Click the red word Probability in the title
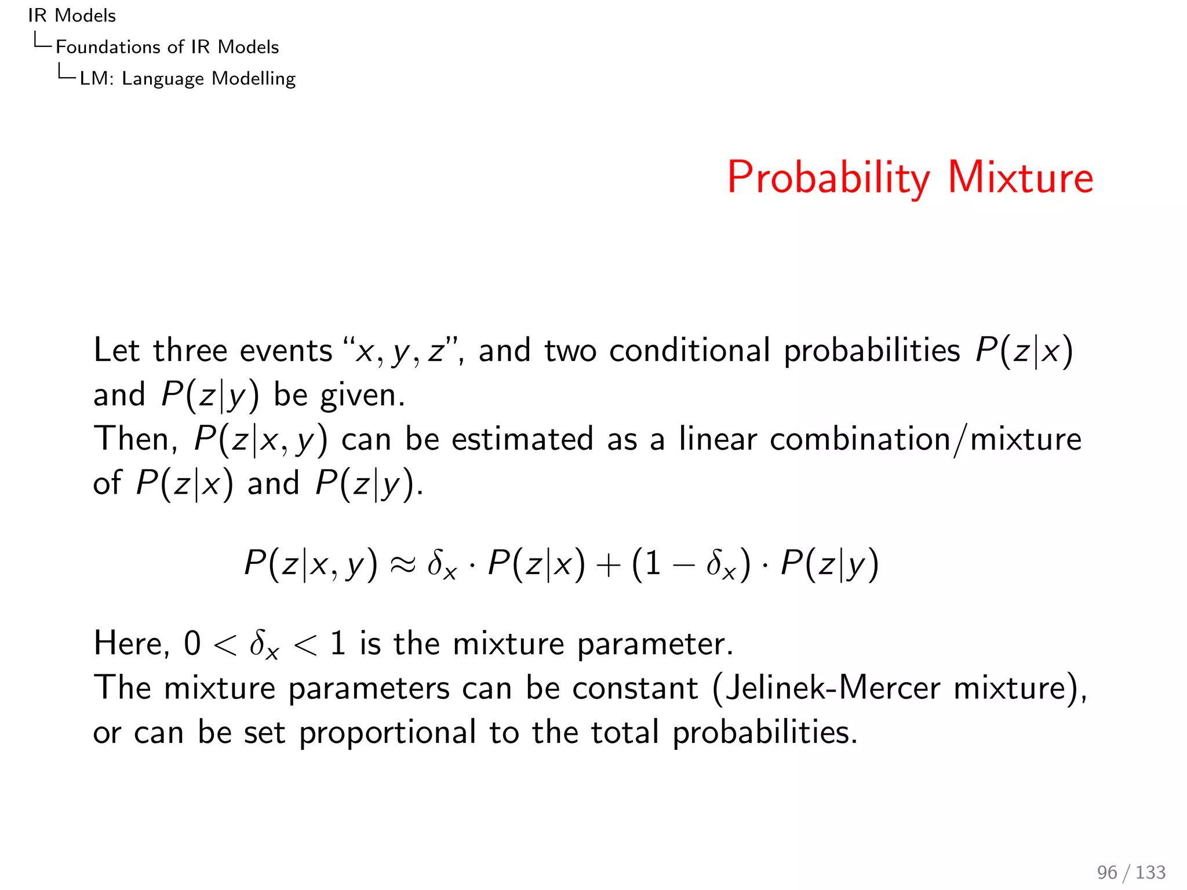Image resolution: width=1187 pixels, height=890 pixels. tap(828, 178)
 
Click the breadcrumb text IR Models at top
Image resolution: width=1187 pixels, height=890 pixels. tap(72, 16)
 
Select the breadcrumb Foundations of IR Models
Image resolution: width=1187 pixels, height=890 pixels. tap(167, 47)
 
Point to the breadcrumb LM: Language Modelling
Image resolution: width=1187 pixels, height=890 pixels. tap(187, 78)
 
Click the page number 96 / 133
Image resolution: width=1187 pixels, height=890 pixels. tap(1131, 872)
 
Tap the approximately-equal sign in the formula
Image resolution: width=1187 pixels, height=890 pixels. tap(402, 564)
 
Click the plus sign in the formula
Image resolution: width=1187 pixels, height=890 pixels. tap(608, 565)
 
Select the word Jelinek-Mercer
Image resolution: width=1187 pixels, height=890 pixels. tap(832, 688)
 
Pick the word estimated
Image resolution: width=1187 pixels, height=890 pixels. tap(522, 439)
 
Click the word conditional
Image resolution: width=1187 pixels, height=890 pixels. tap(689, 351)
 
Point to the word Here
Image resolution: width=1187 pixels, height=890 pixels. tap(132, 644)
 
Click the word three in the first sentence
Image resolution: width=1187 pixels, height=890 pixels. tap(190, 351)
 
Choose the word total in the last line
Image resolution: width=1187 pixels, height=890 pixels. tap(625, 732)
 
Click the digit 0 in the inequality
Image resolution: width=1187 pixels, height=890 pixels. tap(192, 644)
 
